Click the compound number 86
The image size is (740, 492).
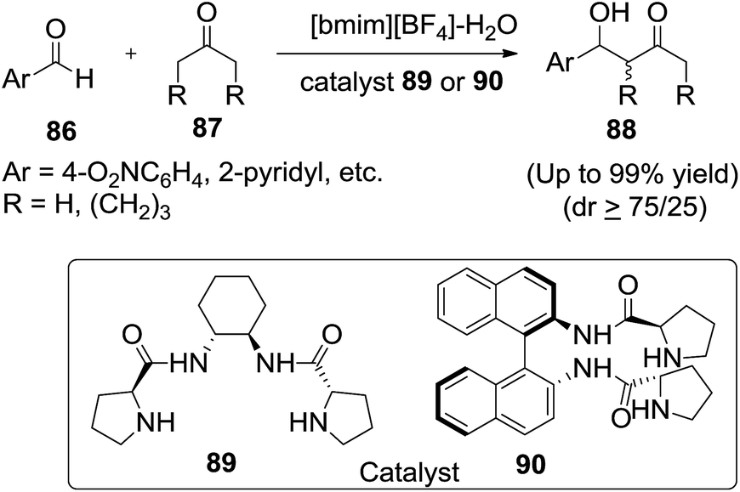61,131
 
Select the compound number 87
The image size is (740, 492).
208,127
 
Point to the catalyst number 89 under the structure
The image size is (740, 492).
221,462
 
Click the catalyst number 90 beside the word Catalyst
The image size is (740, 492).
531,464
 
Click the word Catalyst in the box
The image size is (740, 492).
409,472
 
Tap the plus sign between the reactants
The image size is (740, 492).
131,54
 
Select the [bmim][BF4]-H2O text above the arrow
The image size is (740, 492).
413,27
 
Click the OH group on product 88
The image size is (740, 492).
609,14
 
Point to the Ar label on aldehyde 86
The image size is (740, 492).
15,79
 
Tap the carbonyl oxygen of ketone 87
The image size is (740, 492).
206,13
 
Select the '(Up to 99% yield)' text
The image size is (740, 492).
632,175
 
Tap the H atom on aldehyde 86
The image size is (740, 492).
84,79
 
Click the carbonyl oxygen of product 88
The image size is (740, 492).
657,14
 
